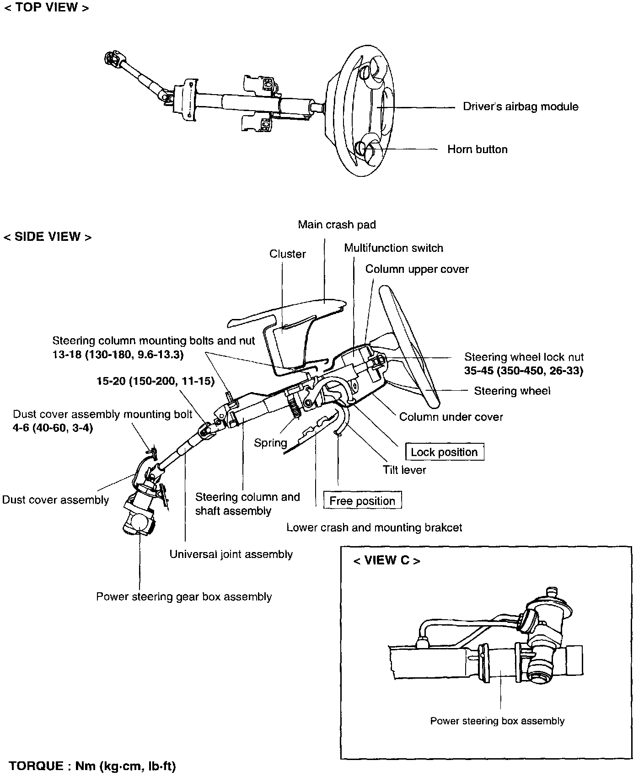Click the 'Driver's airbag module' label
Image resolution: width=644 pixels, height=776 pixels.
coord(521,106)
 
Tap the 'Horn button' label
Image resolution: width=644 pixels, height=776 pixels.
coord(477,149)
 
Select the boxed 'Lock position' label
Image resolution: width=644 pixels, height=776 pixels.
coord(444,452)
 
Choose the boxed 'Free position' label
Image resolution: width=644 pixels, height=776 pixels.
coord(362,500)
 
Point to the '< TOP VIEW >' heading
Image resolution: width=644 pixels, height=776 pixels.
coord(46,8)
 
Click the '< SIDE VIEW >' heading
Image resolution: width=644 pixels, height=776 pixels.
coord(48,237)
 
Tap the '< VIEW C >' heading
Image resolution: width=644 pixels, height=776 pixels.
coord(386,560)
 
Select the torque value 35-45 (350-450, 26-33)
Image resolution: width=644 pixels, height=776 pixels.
coord(523,371)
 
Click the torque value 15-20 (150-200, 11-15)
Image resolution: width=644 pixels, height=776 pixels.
coord(156,381)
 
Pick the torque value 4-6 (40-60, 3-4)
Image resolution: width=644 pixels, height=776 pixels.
coord(53,429)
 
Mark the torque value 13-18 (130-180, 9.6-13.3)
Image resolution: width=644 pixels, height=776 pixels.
coord(118,355)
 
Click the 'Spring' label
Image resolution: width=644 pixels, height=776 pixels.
coord(270,442)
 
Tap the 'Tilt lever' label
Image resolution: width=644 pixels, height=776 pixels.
coord(404,470)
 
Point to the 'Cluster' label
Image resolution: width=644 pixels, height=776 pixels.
coord(287,254)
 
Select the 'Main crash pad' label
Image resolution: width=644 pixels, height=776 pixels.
coord(337,224)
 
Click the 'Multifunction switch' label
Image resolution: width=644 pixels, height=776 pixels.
coord(393,248)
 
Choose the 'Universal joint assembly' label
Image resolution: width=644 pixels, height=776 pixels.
coord(231,554)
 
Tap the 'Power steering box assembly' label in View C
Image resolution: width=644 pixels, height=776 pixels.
coord(497,721)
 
